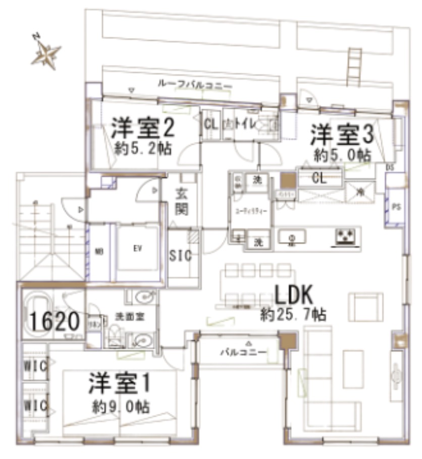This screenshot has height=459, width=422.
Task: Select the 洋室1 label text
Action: (120, 384)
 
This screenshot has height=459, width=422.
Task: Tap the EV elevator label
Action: (137, 249)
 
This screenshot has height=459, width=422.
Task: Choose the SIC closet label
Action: (180, 256)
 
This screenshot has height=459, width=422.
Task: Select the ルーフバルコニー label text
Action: (195, 85)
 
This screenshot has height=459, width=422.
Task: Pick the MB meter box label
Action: (99, 250)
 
